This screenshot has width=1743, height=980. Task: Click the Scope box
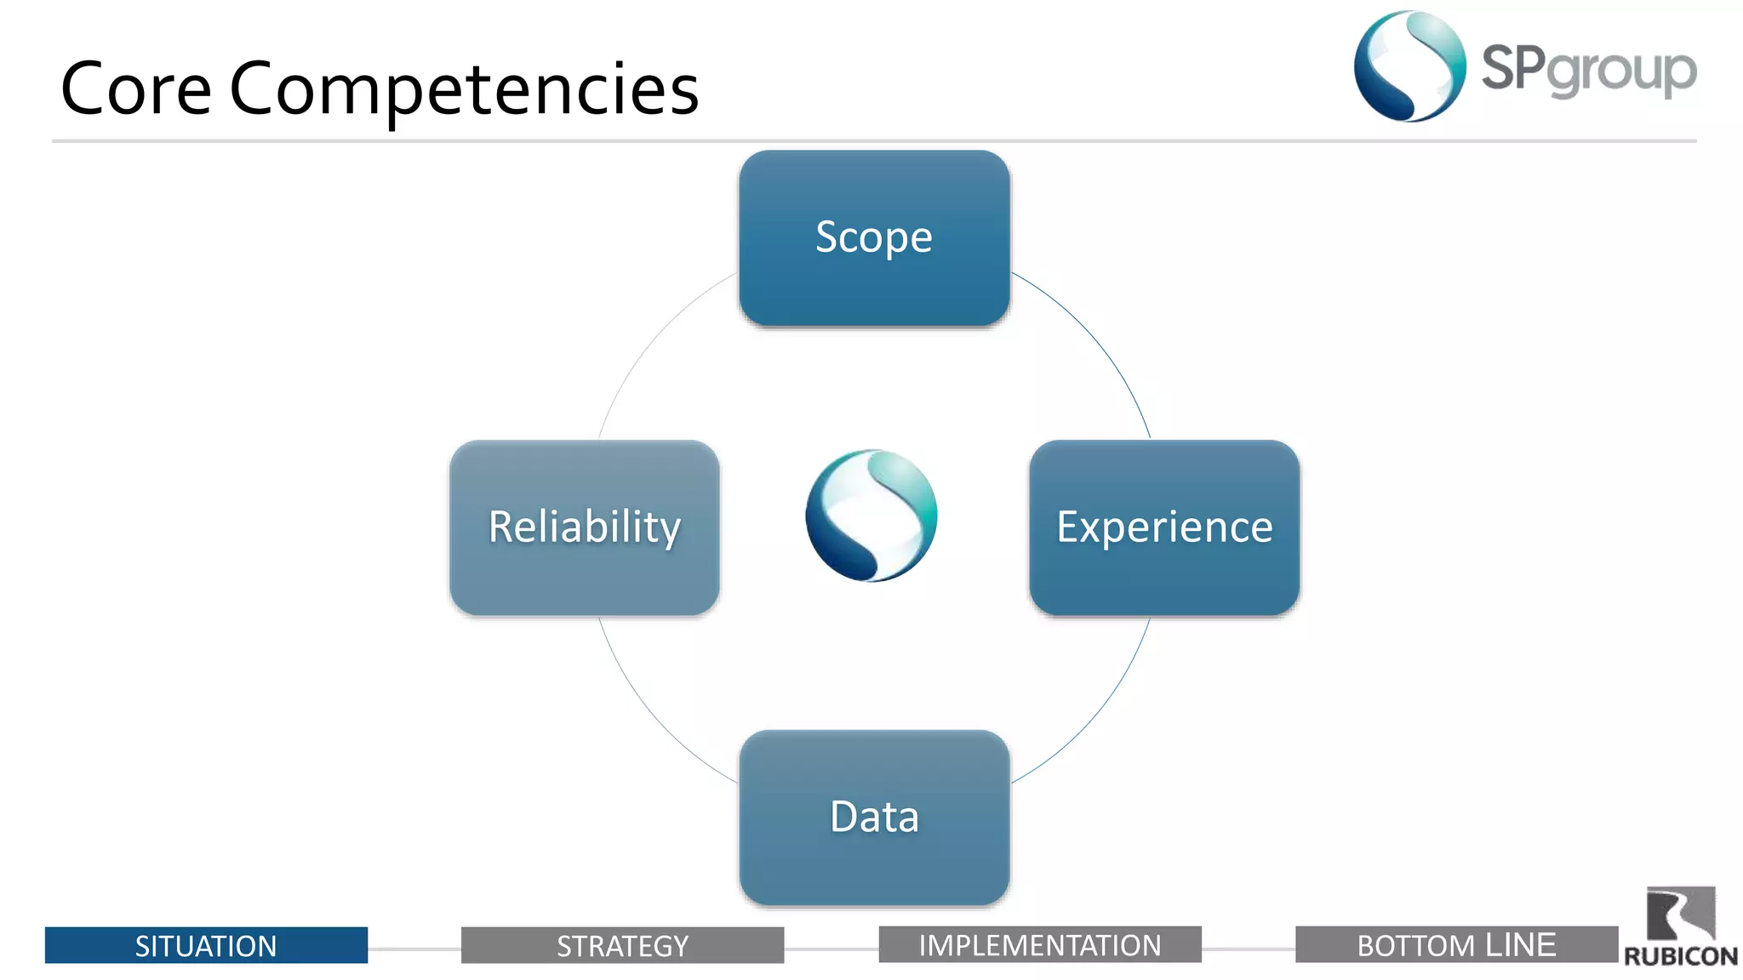pos(874,238)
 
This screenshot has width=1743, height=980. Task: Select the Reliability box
pos(585,527)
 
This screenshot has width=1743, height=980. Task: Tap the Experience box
pos(1163,527)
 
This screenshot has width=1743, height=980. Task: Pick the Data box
pos(874,817)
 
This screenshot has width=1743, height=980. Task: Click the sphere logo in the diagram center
pos(871,516)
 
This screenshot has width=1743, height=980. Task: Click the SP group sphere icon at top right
pos(1409,66)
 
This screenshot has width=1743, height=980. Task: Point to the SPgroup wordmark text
pos(1588,70)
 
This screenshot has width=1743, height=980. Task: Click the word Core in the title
pos(136,88)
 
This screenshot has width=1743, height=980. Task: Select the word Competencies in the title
pos(464,88)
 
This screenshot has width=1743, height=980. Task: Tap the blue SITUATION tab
pos(206,945)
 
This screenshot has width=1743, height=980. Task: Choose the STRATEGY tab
pos(622,945)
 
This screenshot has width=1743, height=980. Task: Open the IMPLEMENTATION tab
pos(1039,944)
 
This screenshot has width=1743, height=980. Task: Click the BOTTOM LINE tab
pos(1456,944)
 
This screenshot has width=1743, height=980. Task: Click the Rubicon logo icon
pos(1680,914)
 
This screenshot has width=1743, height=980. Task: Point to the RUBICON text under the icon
pos(1680,956)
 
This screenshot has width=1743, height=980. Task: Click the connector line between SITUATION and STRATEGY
pos(414,949)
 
